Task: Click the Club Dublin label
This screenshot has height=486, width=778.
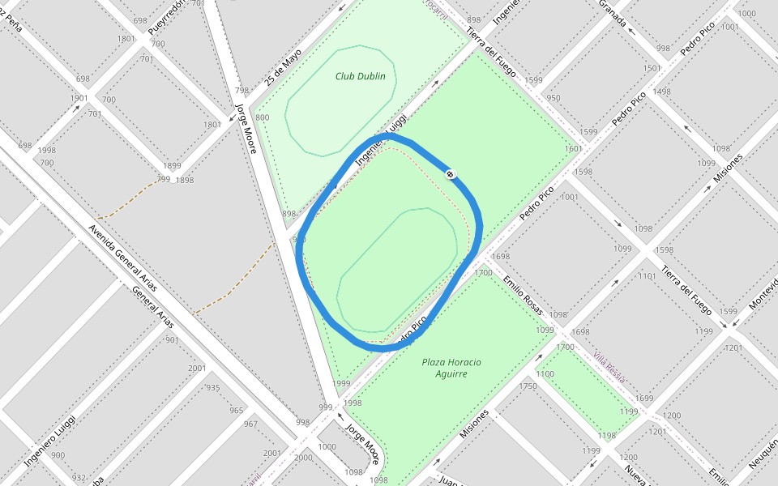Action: (361, 77)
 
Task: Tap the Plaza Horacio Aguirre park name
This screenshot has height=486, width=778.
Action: (451, 368)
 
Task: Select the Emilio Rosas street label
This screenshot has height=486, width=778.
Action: (523, 292)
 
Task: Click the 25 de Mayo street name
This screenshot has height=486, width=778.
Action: (283, 67)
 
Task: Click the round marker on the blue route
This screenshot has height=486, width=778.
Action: (451, 174)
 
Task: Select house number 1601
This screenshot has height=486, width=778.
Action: (573, 149)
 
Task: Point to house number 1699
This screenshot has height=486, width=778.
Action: (644, 398)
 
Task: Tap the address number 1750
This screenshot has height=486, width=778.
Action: (528, 386)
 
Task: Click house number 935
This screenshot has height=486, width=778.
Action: (213, 388)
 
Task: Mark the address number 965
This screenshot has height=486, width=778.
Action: (237, 411)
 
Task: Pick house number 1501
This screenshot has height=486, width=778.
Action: (652, 69)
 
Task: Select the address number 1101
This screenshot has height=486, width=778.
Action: (647, 276)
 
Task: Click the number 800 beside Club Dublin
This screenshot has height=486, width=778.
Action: (262, 117)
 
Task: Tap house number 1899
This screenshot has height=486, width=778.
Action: (172, 165)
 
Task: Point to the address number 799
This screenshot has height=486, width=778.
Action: (163, 179)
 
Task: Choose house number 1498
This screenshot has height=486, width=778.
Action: (661, 92)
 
